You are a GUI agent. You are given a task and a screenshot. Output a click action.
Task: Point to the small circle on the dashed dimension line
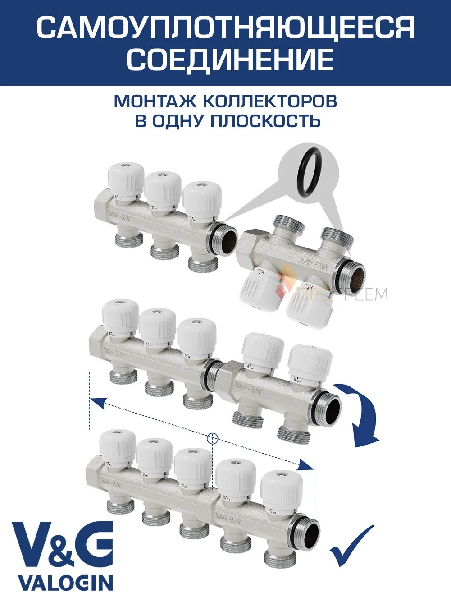pyautogui.click(x=212, y=438)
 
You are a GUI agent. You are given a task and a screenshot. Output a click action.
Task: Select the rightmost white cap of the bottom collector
pyautogui.click(x=278, y=489)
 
